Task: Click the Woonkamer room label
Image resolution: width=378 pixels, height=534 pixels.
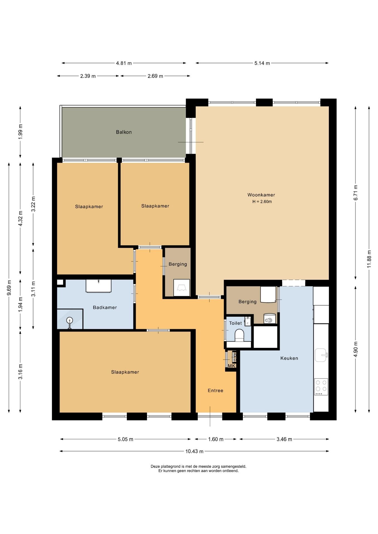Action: [261, 195]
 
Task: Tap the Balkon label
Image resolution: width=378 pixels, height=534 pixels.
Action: [124, 132]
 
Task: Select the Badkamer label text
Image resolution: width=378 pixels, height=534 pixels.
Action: [105, 307]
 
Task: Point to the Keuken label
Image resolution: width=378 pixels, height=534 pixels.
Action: [289, 358]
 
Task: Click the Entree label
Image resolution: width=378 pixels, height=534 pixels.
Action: [215, 390]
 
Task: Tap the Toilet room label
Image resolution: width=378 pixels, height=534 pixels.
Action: [235, 323]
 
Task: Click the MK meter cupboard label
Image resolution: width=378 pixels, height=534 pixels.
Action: [232, 366]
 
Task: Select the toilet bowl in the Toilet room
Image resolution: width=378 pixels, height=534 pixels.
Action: [239, 335]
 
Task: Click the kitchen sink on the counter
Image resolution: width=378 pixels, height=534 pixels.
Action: [321, 355]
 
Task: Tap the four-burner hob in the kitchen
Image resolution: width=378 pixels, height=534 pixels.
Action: [321, 387]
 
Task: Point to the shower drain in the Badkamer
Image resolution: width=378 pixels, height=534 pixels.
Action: [70, 321]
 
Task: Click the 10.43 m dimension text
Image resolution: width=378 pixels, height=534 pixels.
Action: [194, 451]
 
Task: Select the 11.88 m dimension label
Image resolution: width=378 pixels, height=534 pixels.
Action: [369, 259]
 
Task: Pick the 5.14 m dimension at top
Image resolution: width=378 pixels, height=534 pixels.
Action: [262, 63]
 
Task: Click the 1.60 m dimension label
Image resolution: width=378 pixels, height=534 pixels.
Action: [216, 439]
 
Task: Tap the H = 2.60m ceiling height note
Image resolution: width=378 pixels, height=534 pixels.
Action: [262, 202]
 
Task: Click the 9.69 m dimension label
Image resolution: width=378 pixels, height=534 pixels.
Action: [9, 288]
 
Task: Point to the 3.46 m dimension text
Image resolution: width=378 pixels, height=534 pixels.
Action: [284, 439]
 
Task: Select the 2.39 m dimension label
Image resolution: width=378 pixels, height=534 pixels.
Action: [88, 76]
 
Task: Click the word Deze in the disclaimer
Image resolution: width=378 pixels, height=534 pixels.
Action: [155, 466]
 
